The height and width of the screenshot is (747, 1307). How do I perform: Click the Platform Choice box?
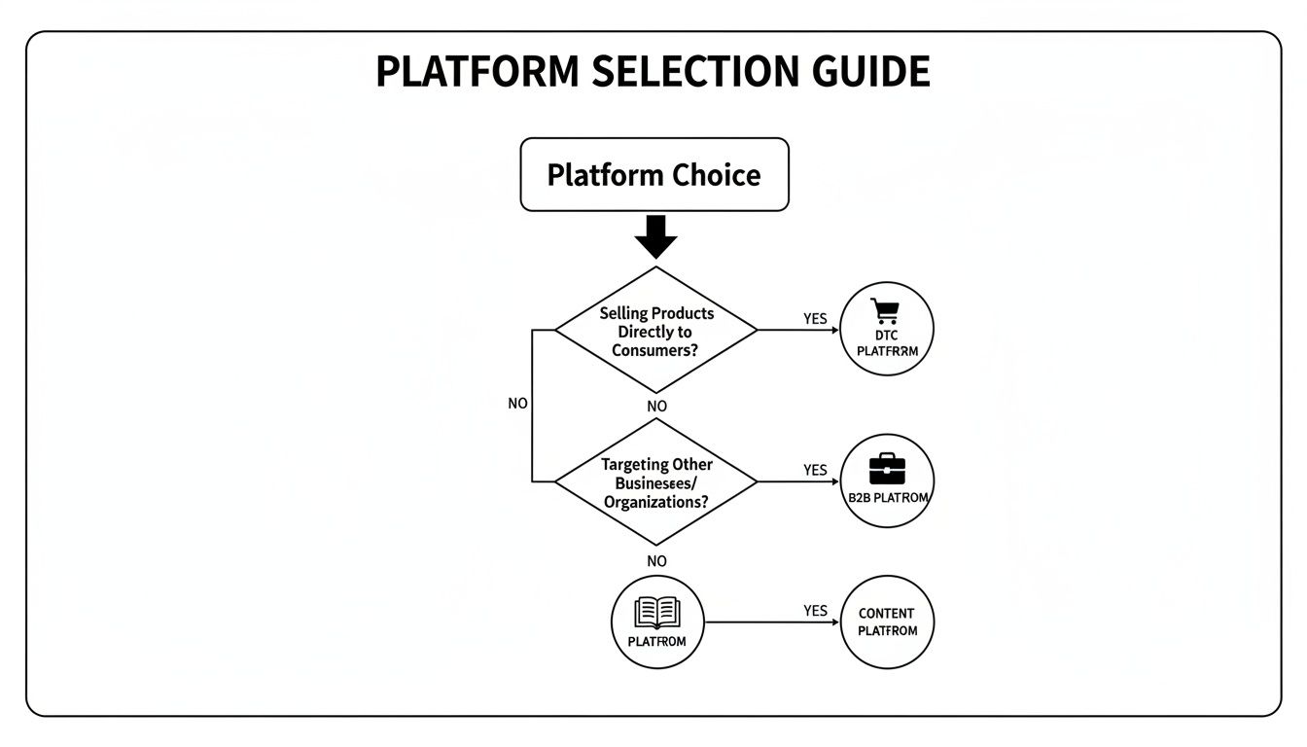tap(653, 175)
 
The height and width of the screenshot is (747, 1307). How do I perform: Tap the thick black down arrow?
tap(654, 236)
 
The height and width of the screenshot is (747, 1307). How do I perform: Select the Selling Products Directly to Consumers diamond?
tap(655, 331)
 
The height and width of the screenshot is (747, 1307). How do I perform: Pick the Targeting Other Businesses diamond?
tap(655, 482)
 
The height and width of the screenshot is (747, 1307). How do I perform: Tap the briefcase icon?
tap(886, 468)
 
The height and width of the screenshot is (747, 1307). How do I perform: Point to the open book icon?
tap(656, 612)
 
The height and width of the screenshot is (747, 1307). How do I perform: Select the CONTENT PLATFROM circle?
tap(887, 622)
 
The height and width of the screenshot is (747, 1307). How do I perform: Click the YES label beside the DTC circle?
tap(815, 318)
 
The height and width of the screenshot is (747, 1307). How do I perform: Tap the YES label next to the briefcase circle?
tap(815, 470)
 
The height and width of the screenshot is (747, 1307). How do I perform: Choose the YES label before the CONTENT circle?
tap(815, 611)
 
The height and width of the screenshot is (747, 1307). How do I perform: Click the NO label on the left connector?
tap(517, 403)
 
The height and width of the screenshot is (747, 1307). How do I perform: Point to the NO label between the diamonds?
tap(656, 406)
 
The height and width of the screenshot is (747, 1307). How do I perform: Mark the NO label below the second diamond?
tap(656, 561)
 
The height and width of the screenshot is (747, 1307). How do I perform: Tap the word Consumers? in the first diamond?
tap(655, 350)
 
